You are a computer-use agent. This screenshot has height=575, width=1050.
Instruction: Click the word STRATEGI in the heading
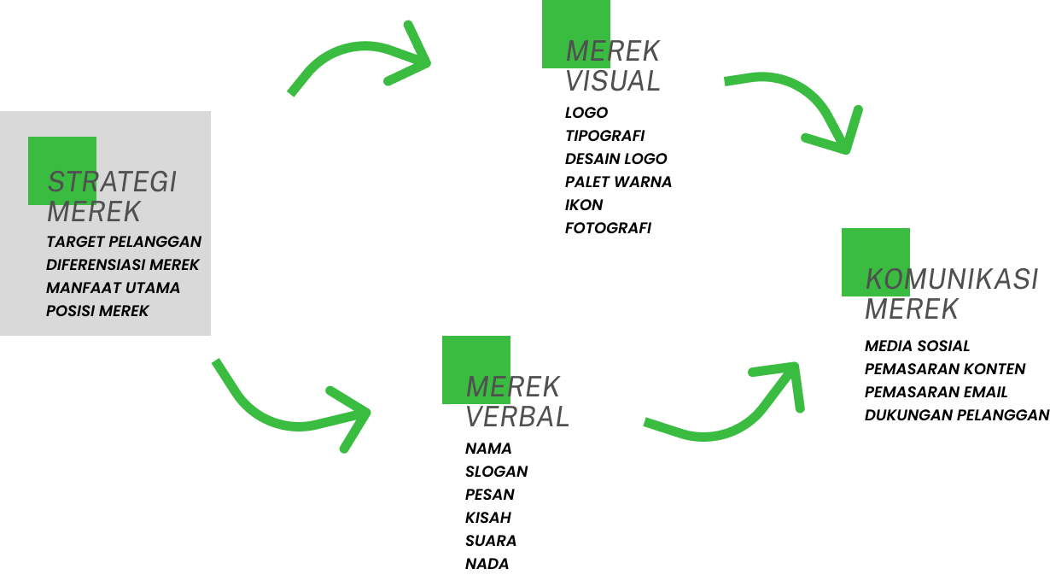pyautogui.click(x=112, y=182)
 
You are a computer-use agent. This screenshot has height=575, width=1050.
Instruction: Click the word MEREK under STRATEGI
pyautogui.click(x=94, y=211)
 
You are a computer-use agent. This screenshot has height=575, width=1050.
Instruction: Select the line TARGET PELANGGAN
pyautogui.click(x=124, y=242)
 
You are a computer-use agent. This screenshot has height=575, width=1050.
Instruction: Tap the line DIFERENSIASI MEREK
pyautogui.click(x=123, y=265)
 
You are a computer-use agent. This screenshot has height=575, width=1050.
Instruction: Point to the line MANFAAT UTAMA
pyautogui.click(x=113, y=288)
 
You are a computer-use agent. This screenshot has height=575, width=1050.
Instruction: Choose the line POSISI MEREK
pyautogui.click(x=97, y=311)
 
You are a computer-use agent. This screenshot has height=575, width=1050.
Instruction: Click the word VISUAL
pyautogui.click(x=613, y=81)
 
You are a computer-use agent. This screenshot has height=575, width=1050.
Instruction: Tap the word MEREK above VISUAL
pyautogui.click(x=613, y=51)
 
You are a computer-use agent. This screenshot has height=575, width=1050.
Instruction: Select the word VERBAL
pyautogui.click(x=517, y=417)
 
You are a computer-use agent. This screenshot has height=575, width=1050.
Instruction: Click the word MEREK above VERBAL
pyautogui.click(x=513, y=387)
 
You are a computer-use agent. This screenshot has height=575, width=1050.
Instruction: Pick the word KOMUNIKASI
pyautogui.click(x=952, y=279)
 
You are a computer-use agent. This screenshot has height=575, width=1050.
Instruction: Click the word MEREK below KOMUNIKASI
pyautogui.click(x=912, y=309)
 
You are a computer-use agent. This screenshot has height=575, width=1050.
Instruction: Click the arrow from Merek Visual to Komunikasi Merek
pyautogui.click(x=802, y=98)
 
